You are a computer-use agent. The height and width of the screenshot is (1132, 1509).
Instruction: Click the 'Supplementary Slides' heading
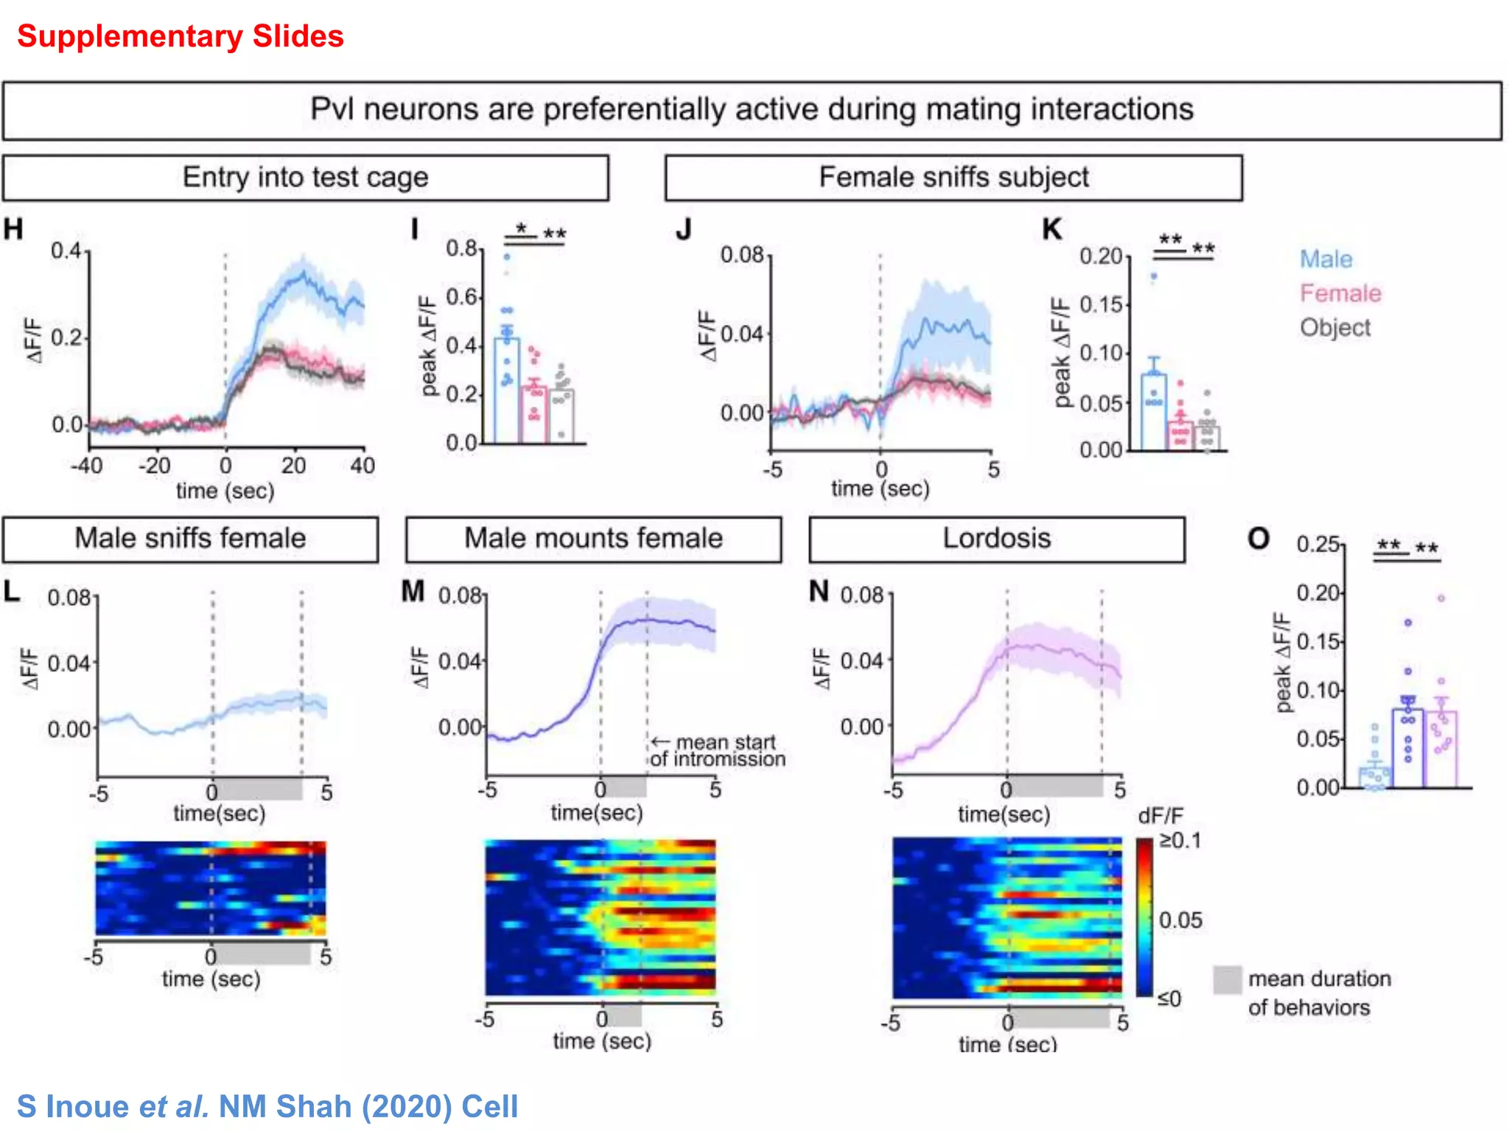pyautogui.click(x=180, y=36)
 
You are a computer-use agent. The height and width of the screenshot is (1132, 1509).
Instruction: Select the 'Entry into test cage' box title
pyautogui.click(x=305, y=178)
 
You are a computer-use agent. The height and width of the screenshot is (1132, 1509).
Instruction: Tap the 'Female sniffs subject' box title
pyautogui.click(x=953, y=178)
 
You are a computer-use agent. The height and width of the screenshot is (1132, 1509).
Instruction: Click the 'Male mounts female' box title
pyautogui.click(x=593, y=539)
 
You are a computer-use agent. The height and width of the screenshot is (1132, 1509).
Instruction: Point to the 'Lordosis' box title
pyautogui.click(x=996, y=539)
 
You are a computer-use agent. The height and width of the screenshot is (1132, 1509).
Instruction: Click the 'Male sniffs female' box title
pyautogui.click(x=190, y=539)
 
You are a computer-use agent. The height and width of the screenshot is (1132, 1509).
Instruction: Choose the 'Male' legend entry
pyautogui.click(x=1326, y=259)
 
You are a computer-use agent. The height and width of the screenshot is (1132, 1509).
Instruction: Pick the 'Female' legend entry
pyautogui.click(x=1340, y=293)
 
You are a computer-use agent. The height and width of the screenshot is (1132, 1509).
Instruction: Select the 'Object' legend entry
pyautogui.click(x=1334, y=327)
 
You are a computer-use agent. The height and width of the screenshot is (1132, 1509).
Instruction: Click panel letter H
pyautogui.click(x=13, y=229)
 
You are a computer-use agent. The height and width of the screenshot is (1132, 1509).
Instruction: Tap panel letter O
pyautogui.click(x=1258, y=539)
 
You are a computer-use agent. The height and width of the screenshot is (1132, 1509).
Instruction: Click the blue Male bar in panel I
pyautogui.click(x=506, y=391)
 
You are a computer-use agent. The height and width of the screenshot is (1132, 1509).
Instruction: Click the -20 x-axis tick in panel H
pyautogui.click(x=155, y=466)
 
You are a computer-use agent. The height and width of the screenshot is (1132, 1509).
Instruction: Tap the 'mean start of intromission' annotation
pyautogui.click(x=718, y=751)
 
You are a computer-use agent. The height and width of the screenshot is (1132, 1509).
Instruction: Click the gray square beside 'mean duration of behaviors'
pyautogui.click(x=1227, y=980)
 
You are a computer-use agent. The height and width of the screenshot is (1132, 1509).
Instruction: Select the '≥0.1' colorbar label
pyautogui.click(x=1179, y=841)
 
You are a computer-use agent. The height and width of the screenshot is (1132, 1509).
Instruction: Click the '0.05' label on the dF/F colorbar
pyautogui.click(x=1180, y=920)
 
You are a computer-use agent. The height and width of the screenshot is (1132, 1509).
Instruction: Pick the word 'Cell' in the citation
pyautogui.click(x=489, y=1107)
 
